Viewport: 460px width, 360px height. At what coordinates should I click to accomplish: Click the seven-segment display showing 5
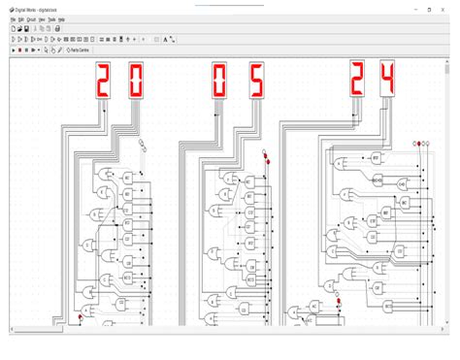[256, 82]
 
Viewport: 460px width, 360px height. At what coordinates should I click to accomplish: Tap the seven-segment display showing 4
[387, 79]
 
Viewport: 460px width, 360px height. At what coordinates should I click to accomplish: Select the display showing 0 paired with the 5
[221, 82]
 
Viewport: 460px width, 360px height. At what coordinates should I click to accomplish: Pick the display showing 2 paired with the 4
[357, 79]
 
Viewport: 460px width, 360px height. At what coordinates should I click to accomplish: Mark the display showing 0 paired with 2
[136, 82]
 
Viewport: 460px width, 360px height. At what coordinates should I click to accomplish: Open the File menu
[13, 19]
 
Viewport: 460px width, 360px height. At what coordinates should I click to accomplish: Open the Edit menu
[21, 19]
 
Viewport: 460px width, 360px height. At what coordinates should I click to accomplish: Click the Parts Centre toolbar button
[80, 49]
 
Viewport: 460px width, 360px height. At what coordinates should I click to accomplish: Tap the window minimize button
[409, 9]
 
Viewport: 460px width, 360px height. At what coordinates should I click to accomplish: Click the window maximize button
[428, 9]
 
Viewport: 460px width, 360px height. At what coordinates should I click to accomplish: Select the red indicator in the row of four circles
[419, 144]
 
